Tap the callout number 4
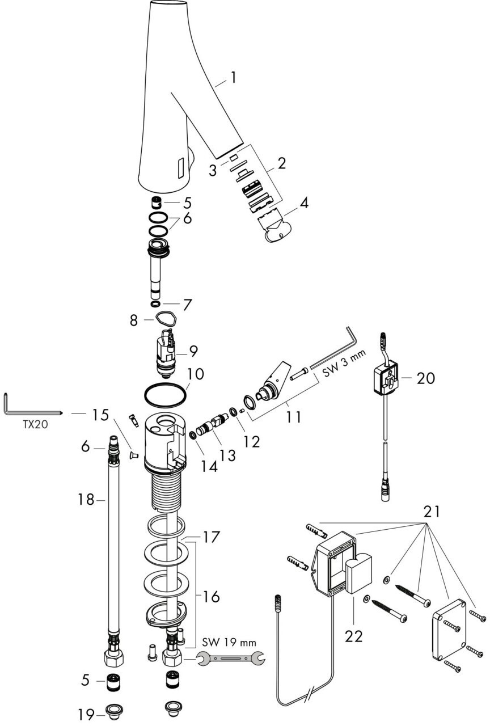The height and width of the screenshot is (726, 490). tap(304, 202)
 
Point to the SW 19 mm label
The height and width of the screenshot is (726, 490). tap(229, 643)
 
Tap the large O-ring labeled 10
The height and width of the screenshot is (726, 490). tap(165, 395)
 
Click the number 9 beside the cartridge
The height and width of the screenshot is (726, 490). tap(193, 351)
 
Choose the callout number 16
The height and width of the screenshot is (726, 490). tap(211, 597)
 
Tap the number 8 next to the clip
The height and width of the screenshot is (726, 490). tap(134, 320)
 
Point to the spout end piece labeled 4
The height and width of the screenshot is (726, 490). tap(277, 229)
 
